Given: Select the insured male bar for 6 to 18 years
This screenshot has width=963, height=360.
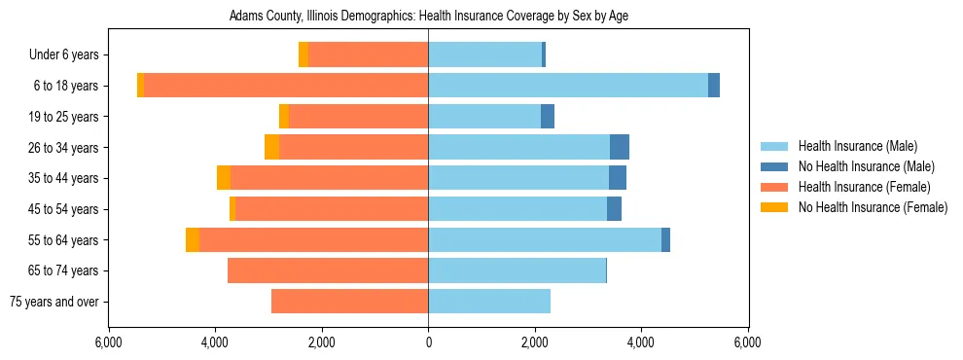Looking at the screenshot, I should pyautogui.click(x=568, y=86).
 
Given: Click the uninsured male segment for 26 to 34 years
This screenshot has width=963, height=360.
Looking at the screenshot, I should pyautogui.click(x=620, y=147).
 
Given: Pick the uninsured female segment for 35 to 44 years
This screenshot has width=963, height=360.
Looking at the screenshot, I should pyautogui.click(x=224, y=178).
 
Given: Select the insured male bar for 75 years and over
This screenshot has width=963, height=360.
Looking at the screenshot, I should pyautogui.click(x=489, y=302).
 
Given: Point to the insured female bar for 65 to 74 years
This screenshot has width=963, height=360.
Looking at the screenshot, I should pyautogui.click(x=328, y=270).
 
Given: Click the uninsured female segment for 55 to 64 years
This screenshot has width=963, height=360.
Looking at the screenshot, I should pyautogui.click(x=193, y=240).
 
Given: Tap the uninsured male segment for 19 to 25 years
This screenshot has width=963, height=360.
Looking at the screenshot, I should pyautogui.click(x=548, y=117).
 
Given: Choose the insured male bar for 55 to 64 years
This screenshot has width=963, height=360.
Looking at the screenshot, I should pyautogui.click(x=545, y=240).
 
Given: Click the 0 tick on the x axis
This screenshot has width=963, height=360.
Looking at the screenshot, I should pyautogui.click(x=428, y=342).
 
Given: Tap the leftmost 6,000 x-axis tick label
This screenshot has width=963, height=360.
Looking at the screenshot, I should pyautogui.click(x=108, y=342).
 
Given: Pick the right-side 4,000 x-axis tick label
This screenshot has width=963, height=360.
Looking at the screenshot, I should pyautogui.click(x=641, y=342).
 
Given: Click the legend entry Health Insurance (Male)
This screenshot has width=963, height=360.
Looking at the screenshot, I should pyautogui.click(x=857, y=146).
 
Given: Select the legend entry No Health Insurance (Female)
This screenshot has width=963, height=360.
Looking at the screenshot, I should pyautogui.click(x=873, y=207).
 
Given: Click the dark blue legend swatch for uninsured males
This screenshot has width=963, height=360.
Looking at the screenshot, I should pyautogui.click(x=775, y=166).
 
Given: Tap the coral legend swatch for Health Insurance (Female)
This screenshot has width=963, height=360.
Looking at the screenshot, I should pyautogui.click(x=775, y=187).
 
